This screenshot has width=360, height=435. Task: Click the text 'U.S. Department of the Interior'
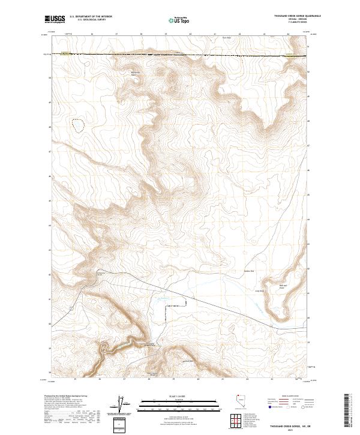click(91, 17)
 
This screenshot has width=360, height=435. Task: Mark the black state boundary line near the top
click(180, 55)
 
